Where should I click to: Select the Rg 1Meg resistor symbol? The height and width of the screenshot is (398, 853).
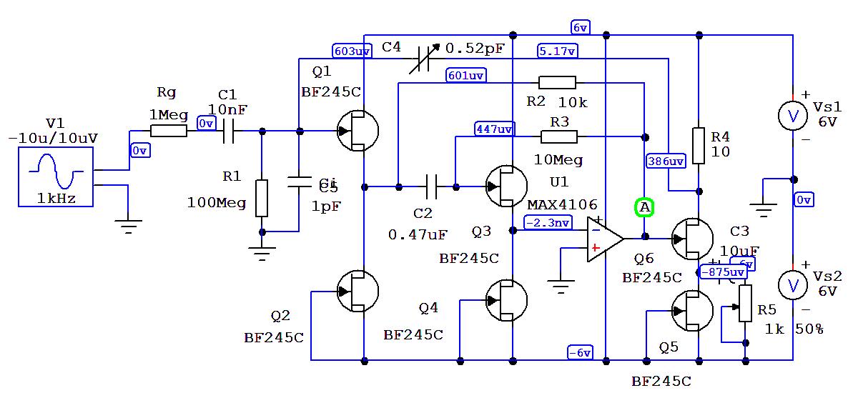click(169, 131)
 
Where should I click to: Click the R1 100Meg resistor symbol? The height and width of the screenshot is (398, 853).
click(262, 198)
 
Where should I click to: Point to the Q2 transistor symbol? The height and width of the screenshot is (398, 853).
click(357, 291)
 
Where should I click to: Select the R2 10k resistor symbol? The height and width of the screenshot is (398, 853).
click(557, 82)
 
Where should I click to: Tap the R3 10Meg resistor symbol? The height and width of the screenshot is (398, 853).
click(558, 136)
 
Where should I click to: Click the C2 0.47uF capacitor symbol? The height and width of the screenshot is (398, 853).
click(430, 187)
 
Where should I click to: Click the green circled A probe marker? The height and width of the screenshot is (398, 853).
click(644, 208)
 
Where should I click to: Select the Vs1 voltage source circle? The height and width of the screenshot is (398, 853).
click(792, 116)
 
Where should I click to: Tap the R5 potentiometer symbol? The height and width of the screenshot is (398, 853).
click(745, 303)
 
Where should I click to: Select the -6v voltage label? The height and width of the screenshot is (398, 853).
click(580, 352)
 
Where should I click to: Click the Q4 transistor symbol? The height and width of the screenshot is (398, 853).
click(506, 301)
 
